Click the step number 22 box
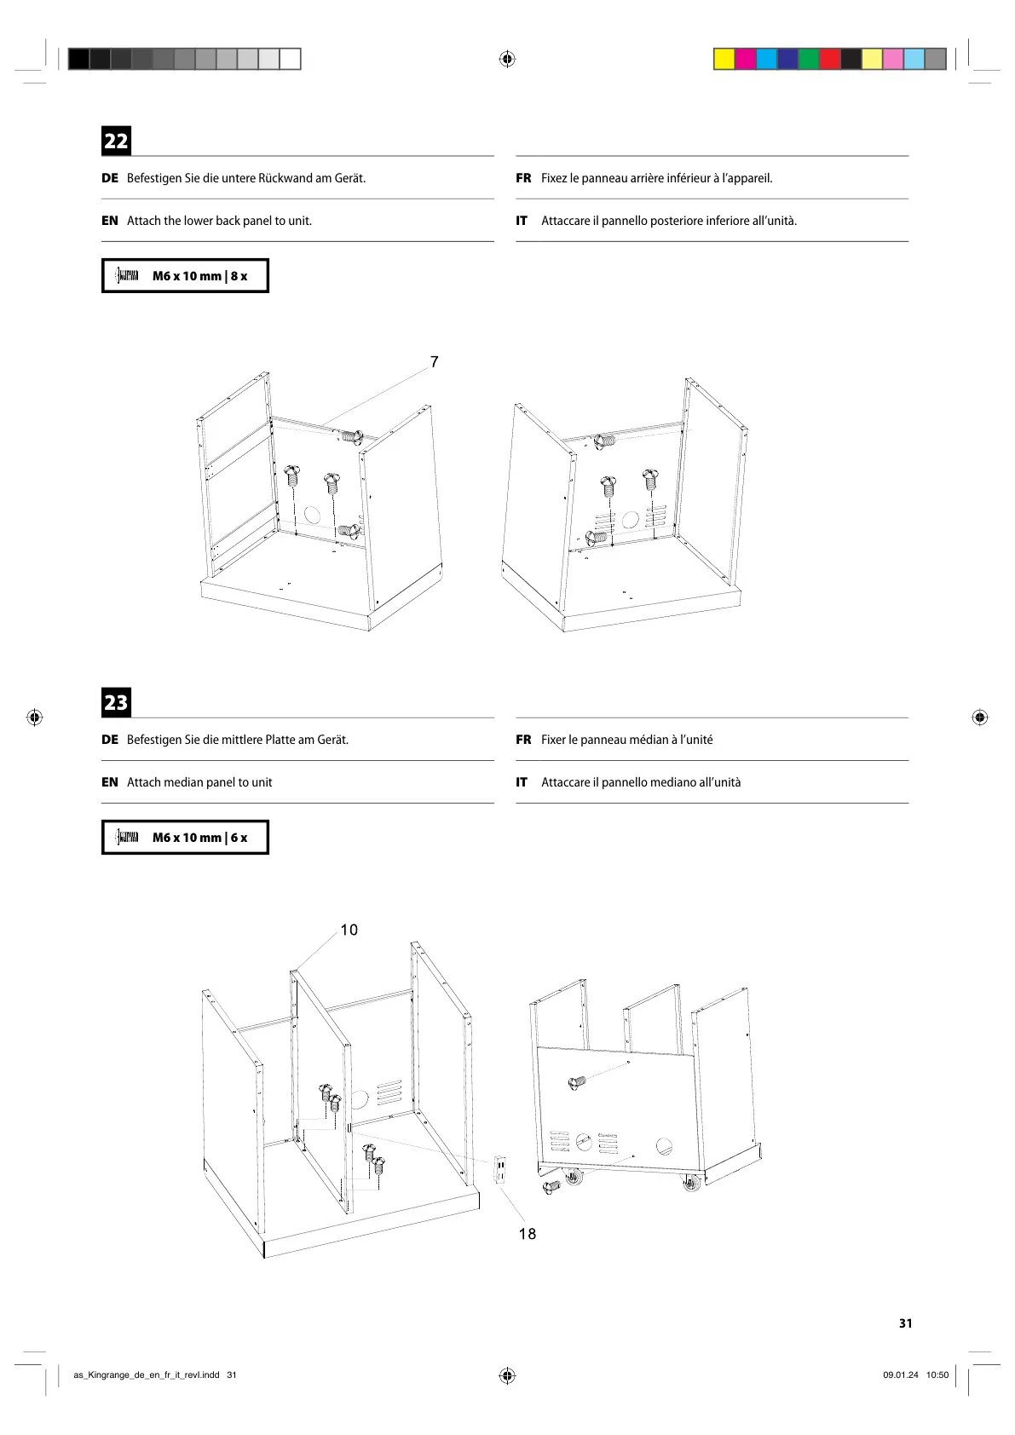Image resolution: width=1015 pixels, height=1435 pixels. coord(116,141)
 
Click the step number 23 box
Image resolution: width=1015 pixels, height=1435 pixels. coord(116,702)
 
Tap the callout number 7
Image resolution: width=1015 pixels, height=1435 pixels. coord(435,362)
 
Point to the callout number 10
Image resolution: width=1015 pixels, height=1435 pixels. coord(349,930)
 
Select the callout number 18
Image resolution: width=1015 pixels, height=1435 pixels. coord(528,1234)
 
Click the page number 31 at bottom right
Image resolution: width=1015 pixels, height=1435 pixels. coord(905,1323)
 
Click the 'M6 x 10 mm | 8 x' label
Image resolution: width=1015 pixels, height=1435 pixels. coord(199,276)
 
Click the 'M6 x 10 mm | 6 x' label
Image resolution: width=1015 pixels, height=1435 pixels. coord(199,838)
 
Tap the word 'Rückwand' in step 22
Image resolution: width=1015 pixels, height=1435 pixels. coord(285,178)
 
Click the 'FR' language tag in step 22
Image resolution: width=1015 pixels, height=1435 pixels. coord(523,178)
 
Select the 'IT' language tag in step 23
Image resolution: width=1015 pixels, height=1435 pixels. coord(522,782)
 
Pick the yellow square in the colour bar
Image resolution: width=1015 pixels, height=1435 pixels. coord(724,59)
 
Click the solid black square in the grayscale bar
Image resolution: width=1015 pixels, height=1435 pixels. coord(78,59)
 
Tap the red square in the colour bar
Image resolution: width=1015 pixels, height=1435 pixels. coord(829,59)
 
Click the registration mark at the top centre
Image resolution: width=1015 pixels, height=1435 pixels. coord(507,59)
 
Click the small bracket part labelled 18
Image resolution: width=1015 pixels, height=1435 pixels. coord(501,1169)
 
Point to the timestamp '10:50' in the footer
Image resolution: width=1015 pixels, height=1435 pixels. coord(937,1374)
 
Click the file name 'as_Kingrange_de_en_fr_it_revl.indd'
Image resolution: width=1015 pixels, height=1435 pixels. coord(147,1374)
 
